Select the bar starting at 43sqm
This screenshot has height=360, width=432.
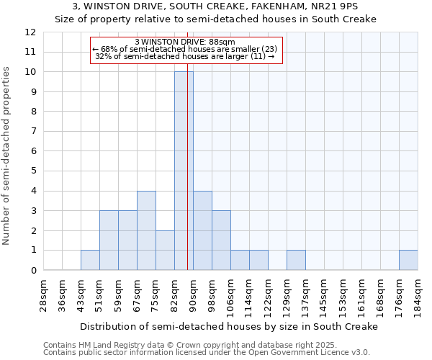click(90, 261)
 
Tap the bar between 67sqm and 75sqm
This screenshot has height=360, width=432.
click(146, 230)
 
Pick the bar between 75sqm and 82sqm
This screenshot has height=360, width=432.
click(165, 251)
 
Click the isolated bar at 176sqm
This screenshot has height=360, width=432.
click(408, 261)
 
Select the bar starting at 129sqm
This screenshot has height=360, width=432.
click(296, 261)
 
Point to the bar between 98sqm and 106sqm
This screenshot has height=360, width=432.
click(221, 240)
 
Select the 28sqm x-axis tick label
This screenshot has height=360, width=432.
click(43, 295)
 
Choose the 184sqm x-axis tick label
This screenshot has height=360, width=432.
click(418, 295)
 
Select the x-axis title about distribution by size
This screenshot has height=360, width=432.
click(229, 326)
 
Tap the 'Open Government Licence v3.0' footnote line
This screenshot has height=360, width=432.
click(207, 352)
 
